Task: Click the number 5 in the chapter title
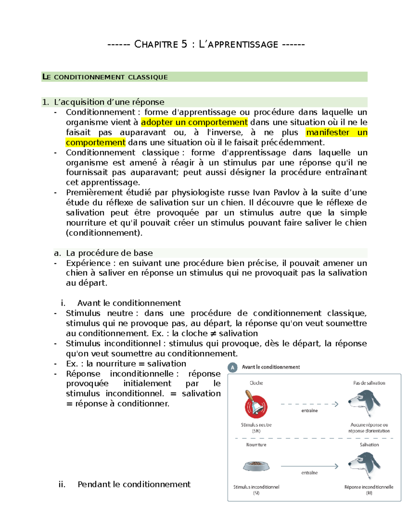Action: point(184,44)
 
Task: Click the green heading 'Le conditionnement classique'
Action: point(105,77)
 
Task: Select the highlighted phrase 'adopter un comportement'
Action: point(194,122)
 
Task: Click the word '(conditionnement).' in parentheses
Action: point(104,233)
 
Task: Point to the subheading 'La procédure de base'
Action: point(109,253)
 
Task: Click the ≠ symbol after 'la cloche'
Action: point(213,333)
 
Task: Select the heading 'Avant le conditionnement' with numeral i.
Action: point(129,303)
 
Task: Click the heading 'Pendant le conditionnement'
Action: point(134,484)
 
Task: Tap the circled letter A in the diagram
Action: point(233,368)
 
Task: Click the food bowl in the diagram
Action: point(256,466)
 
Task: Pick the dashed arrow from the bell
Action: point(309,404)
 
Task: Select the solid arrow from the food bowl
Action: point(309,466)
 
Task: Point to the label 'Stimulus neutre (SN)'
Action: point(256,428)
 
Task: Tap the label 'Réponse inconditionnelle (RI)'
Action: point(369,490)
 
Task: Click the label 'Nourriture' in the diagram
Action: point(256,445)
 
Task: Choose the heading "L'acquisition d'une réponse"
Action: point(109,102)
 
